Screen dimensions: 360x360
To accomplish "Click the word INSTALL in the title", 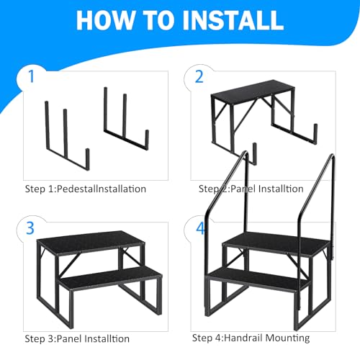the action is tap(233, 20).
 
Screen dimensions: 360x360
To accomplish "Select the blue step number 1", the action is tap(31, 76).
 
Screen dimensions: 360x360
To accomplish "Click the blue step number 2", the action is tap(199, 77).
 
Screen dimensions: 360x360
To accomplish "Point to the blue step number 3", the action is tap(30, 228).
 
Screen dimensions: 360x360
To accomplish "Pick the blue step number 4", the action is tap(201, 228).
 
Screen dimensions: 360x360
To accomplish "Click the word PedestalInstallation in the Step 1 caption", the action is tap(102, 189).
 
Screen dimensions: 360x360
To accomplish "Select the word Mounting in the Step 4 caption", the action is tap(288, 338).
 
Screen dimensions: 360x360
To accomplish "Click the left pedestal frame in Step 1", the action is tap(68, 136).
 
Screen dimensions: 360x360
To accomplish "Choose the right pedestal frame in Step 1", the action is tap(126, 119).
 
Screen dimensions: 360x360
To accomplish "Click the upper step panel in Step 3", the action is tap(91, 241).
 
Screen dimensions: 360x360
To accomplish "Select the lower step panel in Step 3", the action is tap(111, 279).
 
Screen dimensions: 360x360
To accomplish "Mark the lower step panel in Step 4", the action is tap(257, 279).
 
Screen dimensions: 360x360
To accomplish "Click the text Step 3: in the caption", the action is tap(41, 338).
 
